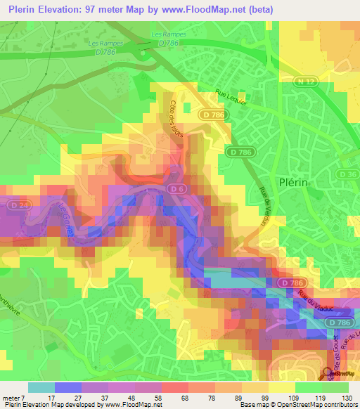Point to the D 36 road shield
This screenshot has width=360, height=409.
click(x=349, y=174)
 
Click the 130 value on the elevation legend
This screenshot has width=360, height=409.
click(x=348, y=398)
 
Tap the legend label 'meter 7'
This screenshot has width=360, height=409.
click(x=13, y=398)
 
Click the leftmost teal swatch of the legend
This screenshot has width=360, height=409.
click(x=41, y=387)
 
